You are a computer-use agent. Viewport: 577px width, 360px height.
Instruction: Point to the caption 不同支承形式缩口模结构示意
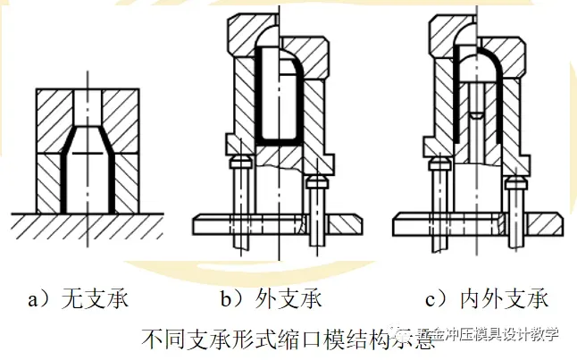pos(287,339)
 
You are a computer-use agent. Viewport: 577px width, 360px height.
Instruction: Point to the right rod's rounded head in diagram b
pos(314,182)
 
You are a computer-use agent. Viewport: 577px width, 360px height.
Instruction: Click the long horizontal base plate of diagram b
pos(250,218)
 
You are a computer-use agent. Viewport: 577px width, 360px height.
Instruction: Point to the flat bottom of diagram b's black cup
pos(278,142)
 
